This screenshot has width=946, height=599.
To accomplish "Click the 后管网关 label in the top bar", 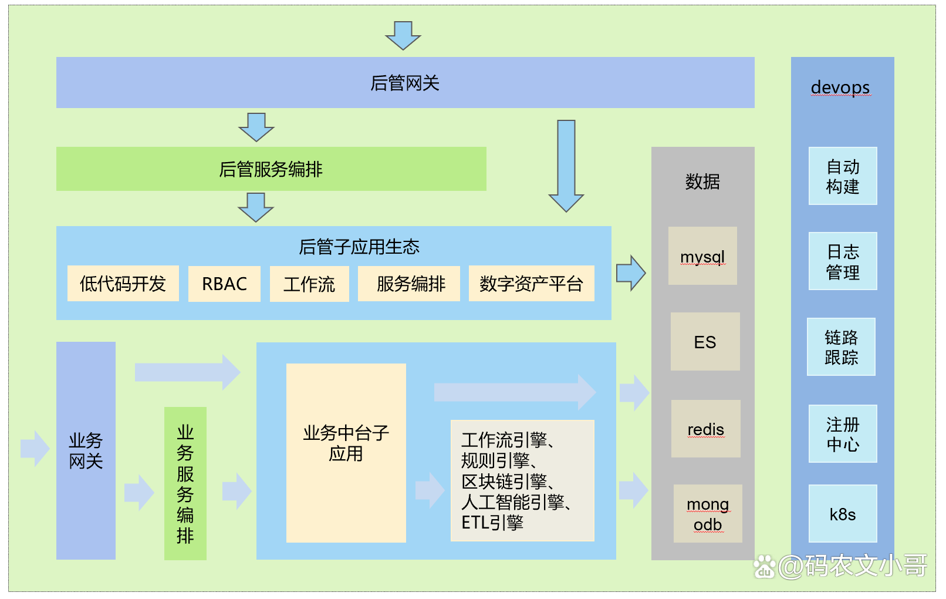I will [x=405, y=83].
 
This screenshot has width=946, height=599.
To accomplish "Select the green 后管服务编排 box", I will [x=271, y=169].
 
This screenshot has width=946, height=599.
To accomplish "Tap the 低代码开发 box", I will [x=123, y=284].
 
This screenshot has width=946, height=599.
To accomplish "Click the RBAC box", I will [x=224, y=284].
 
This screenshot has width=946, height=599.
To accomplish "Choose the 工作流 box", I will [x=309, y=284].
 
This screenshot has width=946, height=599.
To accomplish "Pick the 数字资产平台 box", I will [x=531, y=284].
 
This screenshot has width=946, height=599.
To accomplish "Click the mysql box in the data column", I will [x=702, y=256].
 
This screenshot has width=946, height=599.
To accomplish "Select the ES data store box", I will [x=705, y=342].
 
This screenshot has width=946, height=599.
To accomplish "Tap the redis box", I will [x=705, y=429].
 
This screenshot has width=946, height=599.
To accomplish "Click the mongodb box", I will [x=708, y=514].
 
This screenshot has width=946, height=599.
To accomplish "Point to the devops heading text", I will [x=840, y=88].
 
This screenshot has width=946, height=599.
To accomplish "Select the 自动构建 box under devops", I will [x=843, y=176].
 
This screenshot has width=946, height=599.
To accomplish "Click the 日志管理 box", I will [x=843, y=261].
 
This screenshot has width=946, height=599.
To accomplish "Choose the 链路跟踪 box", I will [x=841, y=347].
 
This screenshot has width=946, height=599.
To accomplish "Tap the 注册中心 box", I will [x=843, y=433].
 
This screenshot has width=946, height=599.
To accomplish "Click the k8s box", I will [x=843, y=514].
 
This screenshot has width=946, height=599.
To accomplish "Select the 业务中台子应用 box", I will [x=346, y=453].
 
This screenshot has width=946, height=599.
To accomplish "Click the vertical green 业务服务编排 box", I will [x=185, y=483].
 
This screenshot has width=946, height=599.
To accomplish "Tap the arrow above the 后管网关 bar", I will [x=403, y=35].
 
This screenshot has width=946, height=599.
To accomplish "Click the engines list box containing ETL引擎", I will [x=522, y=480].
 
